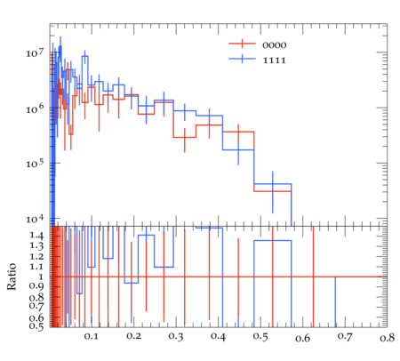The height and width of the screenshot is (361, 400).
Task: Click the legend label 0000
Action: coord(275,45)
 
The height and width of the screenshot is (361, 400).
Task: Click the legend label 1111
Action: coord(275,60)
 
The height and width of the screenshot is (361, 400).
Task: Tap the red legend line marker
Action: coord(242,44)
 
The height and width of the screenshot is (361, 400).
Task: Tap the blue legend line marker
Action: coord(242,59)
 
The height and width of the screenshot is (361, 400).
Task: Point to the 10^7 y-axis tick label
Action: coord(35,52)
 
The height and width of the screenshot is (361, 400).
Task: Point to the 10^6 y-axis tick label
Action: coord(35,108)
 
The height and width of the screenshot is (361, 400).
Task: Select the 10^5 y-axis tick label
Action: coord(35,164)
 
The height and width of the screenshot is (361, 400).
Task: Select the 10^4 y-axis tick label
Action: coord(35,219)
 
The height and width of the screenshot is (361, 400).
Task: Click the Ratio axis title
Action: coord(12,277)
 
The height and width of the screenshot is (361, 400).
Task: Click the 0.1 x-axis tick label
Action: coord(92,337)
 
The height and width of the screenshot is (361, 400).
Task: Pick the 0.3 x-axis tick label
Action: coord(176,337)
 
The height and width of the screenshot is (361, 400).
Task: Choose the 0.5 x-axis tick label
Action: coord(260,337)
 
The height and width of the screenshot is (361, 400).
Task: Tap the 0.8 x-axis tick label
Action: coord(388,338)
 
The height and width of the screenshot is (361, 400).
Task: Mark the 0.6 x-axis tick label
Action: coord(303,338)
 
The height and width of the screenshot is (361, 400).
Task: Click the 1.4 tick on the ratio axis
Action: coord(36,236)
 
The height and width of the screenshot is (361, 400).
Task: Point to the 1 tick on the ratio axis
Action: coord(41,277)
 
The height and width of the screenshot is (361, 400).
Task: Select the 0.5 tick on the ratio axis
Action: coord(36,325)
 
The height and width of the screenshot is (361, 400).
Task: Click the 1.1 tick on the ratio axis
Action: coord(36,267)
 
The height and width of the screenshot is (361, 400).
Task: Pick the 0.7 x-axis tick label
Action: coord(345,337)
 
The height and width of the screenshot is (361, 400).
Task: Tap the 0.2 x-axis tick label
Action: coord(133,337)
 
